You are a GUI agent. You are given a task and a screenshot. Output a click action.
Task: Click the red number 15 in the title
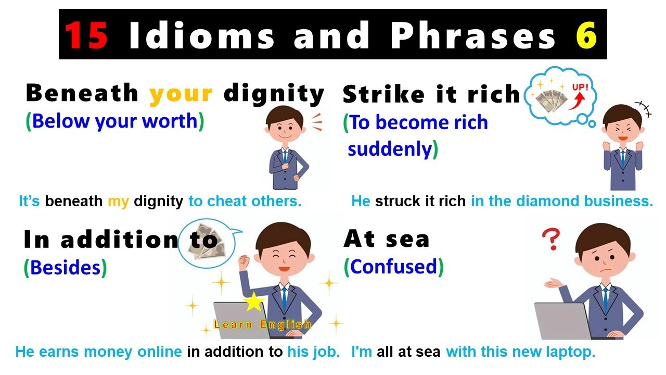click(x=86, y=35)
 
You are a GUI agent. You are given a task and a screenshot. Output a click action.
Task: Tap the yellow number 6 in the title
click(x=586, y=35)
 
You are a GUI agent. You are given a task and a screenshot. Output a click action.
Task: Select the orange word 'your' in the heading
click(x=181, y=93)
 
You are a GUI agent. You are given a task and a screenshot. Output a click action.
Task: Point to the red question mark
click(x=550, y=240)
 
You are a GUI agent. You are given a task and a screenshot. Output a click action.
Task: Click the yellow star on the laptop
click(x=253, y=302)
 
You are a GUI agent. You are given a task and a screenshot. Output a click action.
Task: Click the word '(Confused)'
click(x=393, y=267)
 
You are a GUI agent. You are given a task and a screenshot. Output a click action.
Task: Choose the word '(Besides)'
click(x=65, y=267)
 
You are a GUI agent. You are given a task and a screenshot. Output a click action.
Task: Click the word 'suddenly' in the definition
click(x=390, y=149)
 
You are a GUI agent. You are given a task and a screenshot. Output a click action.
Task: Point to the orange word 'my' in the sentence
click(x=118, y=201)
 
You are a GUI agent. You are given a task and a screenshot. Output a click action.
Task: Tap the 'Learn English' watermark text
click(x=262, y=324)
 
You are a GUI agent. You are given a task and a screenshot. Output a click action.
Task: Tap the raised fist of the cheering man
click(x=244, y=260)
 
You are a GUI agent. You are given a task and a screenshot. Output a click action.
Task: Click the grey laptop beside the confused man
click(x=561, y=320)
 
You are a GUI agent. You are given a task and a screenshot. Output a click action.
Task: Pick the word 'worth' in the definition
click(x=172, y=121)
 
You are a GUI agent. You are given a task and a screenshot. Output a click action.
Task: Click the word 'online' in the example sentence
click(x=159, y=352)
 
